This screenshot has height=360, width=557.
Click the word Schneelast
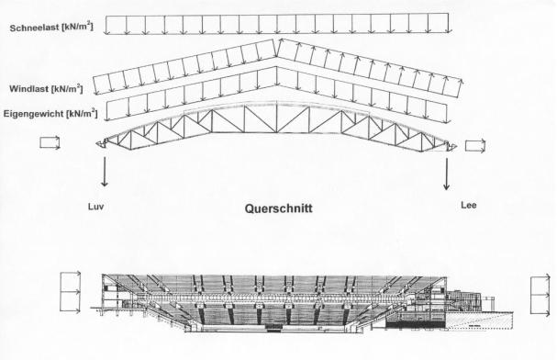tap(35, 28)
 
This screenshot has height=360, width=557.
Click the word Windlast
tap(28, 88)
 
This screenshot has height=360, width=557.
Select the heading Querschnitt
tap(279, 208)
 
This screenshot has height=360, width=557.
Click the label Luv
tap(96, 207)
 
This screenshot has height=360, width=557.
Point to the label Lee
tap(469, 205)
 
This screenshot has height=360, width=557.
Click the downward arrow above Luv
tap(104, 172)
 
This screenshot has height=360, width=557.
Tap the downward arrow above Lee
tap(447, 174)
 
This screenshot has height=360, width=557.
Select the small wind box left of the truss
tap(50, 143)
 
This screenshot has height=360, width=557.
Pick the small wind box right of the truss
tap(475, 146)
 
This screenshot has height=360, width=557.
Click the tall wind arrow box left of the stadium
tap(71, 292)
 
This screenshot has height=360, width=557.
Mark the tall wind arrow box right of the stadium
tap(540, 295)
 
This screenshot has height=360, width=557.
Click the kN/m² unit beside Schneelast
tap(78, 27)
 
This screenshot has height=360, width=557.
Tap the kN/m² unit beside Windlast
tap(67, 88)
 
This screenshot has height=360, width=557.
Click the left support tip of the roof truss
tap(97, 143)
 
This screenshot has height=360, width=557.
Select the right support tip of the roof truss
tap(455, 147)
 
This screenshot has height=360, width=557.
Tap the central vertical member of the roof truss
tap(277, 118)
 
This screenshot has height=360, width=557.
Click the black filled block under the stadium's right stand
tap(415, 324)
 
